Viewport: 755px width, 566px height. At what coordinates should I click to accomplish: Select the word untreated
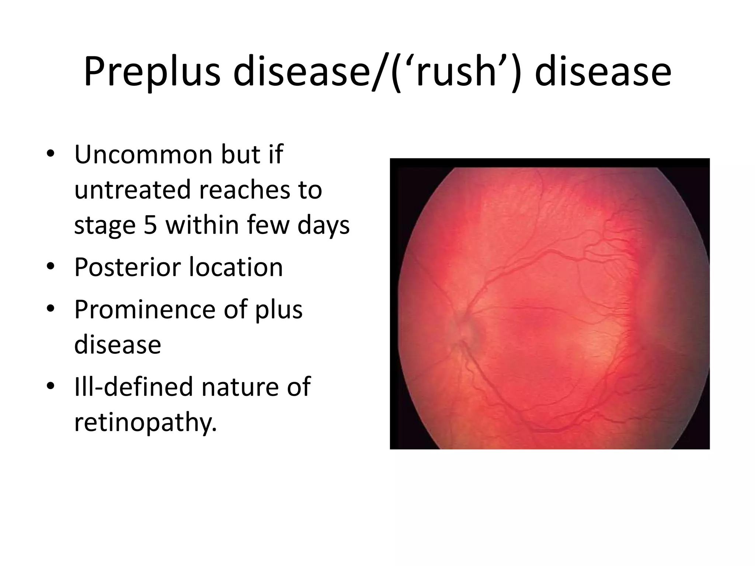point(133,190)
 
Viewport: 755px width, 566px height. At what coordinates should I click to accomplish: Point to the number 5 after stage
point(150,225)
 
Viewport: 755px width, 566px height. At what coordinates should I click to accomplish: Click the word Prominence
point(145,310)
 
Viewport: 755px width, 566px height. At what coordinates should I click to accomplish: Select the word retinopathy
point(145,422)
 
